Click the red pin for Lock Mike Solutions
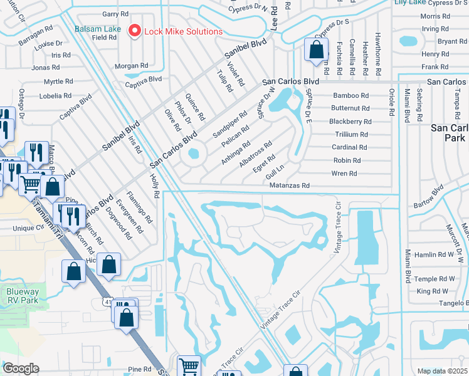click(134, 31)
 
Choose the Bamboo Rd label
click(350, 95)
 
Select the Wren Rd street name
click(344, 173)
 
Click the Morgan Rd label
click(131, 66)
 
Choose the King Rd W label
click(432, 291)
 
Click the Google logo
click(21, 368)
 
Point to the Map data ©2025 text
click(442, 371)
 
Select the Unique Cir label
click(28, 228)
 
